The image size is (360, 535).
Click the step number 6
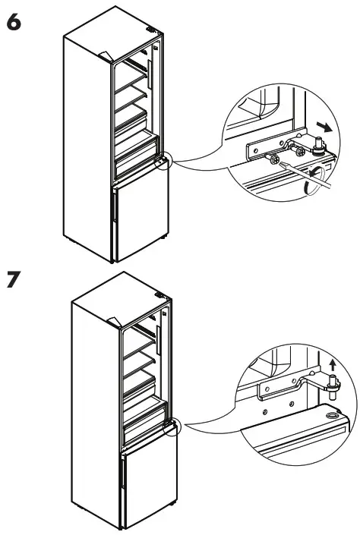click(14, 22)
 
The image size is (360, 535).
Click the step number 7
click(14, 279)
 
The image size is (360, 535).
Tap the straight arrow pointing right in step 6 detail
click(324, 127)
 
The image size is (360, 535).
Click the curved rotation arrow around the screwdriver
click(314, 179)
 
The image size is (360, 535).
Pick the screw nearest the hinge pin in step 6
click(300, 152)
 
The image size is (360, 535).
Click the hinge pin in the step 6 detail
click(319, 146)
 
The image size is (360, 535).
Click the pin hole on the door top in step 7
click(331, 416)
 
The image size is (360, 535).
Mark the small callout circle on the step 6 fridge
click(163, 161)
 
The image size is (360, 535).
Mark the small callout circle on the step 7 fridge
click(172, 427)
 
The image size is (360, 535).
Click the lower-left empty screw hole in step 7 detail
click(265, 412)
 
